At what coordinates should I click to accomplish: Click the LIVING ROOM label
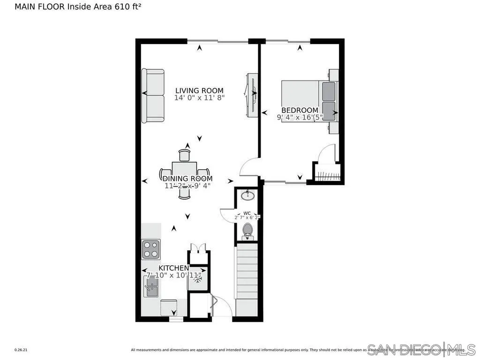coord(199,90)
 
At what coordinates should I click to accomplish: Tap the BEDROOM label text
coord(300,110)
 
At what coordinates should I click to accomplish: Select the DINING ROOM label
coord(187,179)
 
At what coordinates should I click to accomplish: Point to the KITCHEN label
coord(173,268)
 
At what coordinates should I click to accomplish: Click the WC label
coord(247,213)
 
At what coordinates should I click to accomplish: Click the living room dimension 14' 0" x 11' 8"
coord(199,98)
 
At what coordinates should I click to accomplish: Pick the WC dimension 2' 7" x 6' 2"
coord(247,217)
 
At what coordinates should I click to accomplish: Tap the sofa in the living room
coord(153,96)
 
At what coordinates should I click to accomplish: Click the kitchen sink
coord(151,286)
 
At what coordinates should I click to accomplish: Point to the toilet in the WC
coord(247,231)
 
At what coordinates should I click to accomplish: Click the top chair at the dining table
coord(185,155)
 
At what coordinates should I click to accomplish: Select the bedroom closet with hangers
coord(326,172)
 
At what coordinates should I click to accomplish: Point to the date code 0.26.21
coord(21,350)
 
